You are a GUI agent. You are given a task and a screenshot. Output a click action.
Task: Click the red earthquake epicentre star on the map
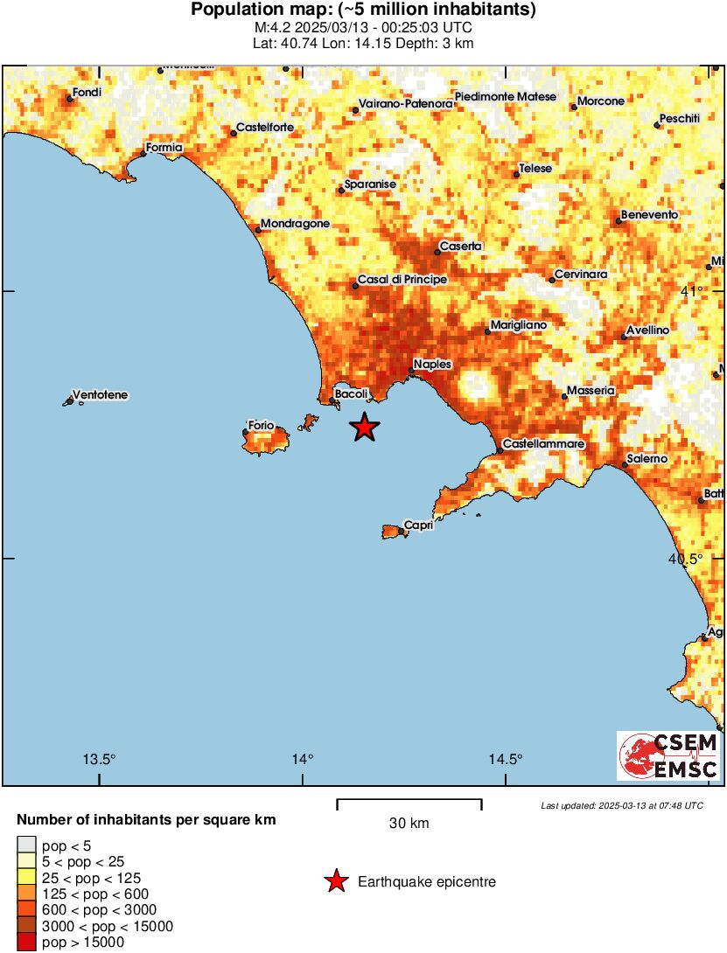coord(365,428)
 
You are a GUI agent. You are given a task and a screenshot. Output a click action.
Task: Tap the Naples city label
coord(431,364)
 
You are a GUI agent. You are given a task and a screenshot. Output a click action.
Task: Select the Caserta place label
coord(460,247)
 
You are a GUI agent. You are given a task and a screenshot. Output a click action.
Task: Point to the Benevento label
coord(649,215)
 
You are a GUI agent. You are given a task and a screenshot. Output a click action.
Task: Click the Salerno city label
coord(647,459)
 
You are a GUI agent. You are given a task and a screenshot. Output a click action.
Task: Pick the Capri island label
coord(419,525)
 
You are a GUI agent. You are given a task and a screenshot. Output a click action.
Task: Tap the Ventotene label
coord(100,395)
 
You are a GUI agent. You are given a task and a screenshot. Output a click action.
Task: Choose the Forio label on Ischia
coord(262,426)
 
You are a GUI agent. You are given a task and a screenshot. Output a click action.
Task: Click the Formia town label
coord(164,148)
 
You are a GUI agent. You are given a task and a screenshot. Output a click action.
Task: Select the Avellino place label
coord(648,330)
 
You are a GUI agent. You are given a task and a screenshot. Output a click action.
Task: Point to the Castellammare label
coord(543,444)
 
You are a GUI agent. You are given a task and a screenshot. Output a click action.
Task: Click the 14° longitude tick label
coord(303,759)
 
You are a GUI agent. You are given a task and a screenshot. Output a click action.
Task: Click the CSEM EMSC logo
coord(669,756)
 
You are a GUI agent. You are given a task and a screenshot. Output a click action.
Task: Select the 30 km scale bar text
coord(409,824)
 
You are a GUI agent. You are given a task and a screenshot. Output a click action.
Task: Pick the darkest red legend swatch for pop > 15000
coord(27,942)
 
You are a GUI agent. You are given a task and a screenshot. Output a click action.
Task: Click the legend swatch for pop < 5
coord(27,845)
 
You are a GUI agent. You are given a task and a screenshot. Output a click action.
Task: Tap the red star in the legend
coord(335,882)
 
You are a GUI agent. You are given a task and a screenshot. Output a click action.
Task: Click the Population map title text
coord(363,10)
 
